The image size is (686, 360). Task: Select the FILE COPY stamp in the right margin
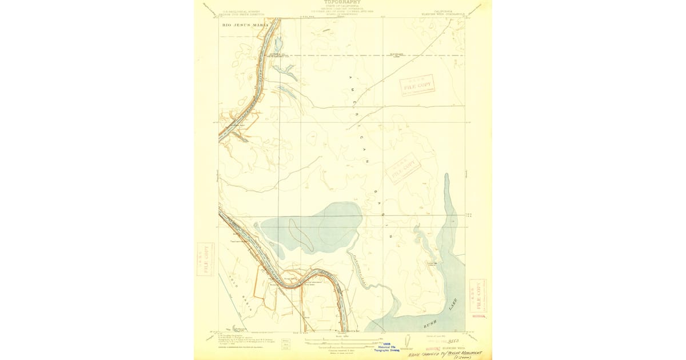(x=477, y=295)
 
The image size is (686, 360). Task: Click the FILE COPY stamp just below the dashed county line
(x=417, y=85)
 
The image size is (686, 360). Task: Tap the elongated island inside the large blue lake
(x=301, y=234)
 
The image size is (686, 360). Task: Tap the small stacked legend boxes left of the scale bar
(x=286, y=344)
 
